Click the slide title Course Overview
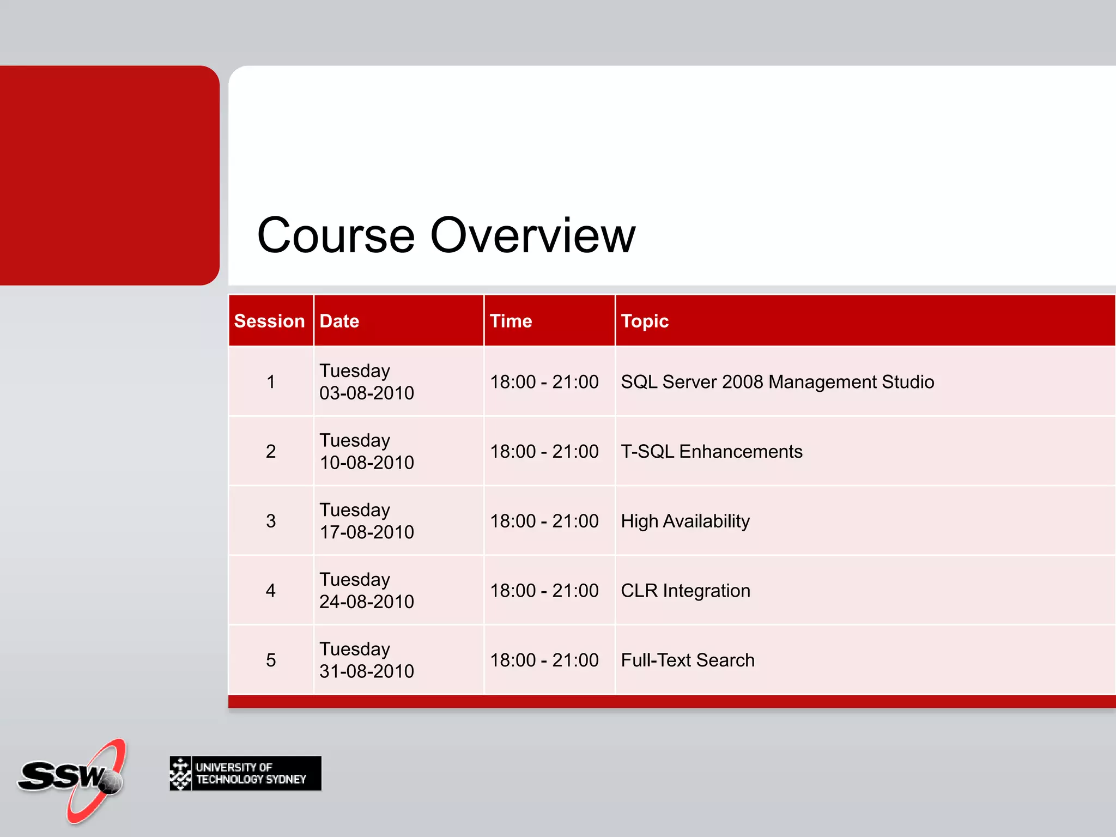[x=446, y=235]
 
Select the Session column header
[x=269, y=321]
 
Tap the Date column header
[x=339, y=321]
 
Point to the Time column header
[x=511, y=321]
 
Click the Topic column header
[x=645, y=321]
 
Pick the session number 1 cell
[x=271, y=382]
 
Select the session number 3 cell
[x=271, y=521]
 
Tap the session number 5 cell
[x=271, y=660]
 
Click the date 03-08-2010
[x=367, y=393]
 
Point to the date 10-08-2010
[x=367, y=463]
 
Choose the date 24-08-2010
[x=367, y=602]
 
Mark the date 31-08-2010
[x=367, y=671]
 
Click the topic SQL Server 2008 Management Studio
[x=777, y=382]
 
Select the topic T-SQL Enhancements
[x=711, y=452]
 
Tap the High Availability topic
[x=685, y=521]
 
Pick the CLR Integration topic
[x=685, y=591]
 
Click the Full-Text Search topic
[x=688, y=660]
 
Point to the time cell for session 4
[x=544, y=591]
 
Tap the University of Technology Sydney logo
[x=245, y=773]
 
